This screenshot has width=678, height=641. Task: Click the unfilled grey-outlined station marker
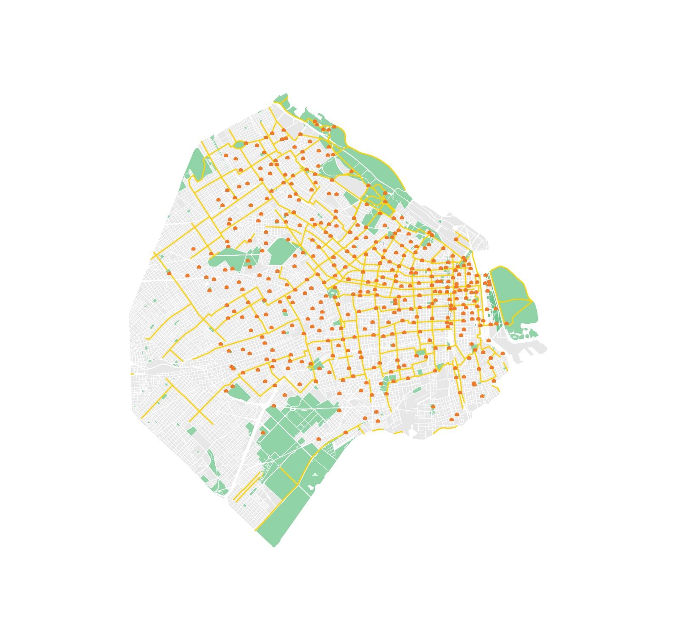click(x=381, y=243)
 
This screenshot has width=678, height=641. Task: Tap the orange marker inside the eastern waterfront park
click(x=506, y=323)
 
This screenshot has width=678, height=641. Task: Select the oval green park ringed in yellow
click(x=239, y=145)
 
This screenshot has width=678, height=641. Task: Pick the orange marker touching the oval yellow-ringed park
click(x=246, y=143)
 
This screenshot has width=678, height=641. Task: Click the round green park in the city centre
click(x=333, y=293)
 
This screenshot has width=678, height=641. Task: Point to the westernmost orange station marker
click(x=169, y=273)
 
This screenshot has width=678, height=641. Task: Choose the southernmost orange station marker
click(x=319, y=439)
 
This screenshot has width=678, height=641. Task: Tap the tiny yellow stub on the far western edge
click(x=132, y=374)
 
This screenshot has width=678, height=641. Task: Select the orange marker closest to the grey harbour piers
click(x=503, y=353)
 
